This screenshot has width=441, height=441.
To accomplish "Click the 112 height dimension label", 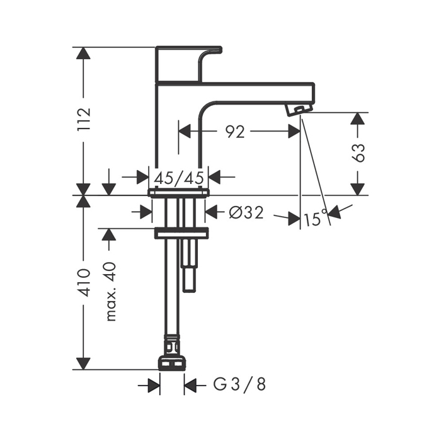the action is point(84,118).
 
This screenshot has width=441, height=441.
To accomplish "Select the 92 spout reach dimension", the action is point(236,132).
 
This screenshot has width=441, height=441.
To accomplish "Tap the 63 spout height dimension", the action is point(358,153).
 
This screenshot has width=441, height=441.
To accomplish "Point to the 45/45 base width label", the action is point(179,178).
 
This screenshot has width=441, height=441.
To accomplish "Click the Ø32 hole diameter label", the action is point(246,213).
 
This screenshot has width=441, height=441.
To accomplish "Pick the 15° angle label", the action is point(316,219).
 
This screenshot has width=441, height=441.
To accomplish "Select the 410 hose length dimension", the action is point(84,283).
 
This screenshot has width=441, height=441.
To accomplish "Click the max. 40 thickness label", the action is point(111,292).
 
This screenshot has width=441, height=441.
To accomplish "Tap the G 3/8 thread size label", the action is point(239,384).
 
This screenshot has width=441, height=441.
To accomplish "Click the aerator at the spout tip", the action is point(299,109).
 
